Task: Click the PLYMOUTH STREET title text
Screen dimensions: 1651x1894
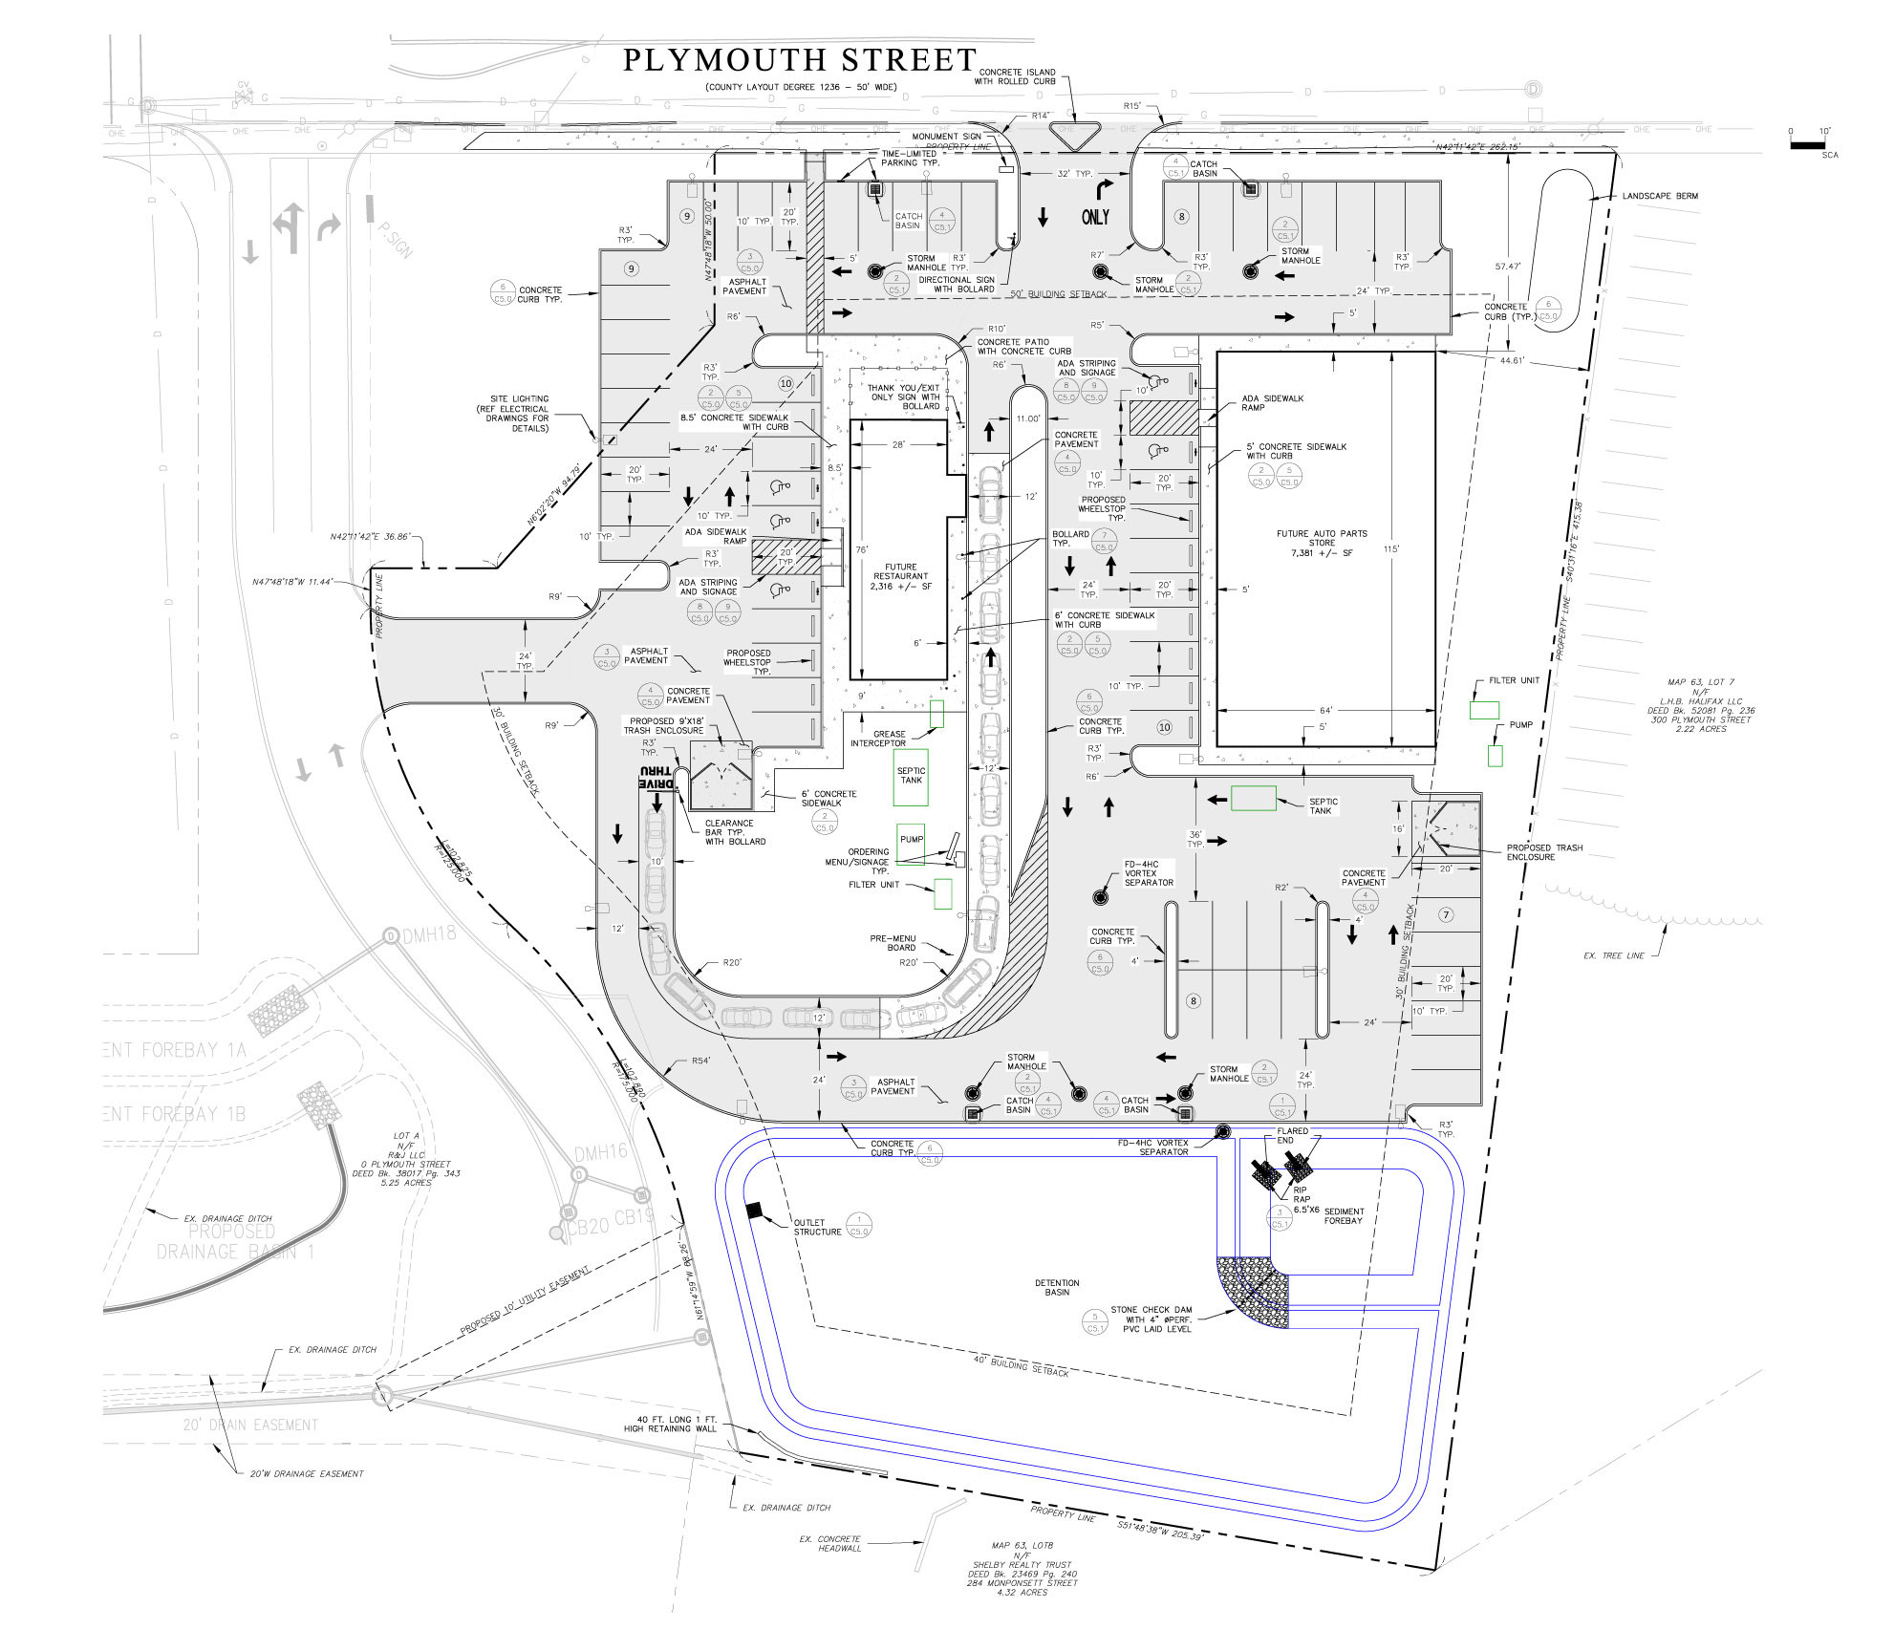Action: point(799,60)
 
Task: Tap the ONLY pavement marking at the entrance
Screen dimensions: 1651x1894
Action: point(1095,218)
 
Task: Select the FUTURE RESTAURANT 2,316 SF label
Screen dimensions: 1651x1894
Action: point(900,576)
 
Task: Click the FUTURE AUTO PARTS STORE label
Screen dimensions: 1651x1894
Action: point(1322,543)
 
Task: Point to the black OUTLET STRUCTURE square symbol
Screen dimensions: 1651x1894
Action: point(753,1211)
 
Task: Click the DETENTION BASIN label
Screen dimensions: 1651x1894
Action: point(1057,1287)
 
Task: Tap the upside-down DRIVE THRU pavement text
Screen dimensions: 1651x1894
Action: point(657,776)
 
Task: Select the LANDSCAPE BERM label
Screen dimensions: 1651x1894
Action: point(1660,196)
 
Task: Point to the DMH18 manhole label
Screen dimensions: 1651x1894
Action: point(429,934)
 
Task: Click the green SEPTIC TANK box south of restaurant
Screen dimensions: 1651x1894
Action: point(911,776)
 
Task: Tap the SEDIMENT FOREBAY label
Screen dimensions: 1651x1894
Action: point(1344,1215)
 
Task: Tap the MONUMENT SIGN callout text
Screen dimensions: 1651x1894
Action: point(945,137)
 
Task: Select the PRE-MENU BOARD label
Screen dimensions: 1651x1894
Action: point(893,943)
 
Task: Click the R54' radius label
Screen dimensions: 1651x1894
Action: point(700,1061)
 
